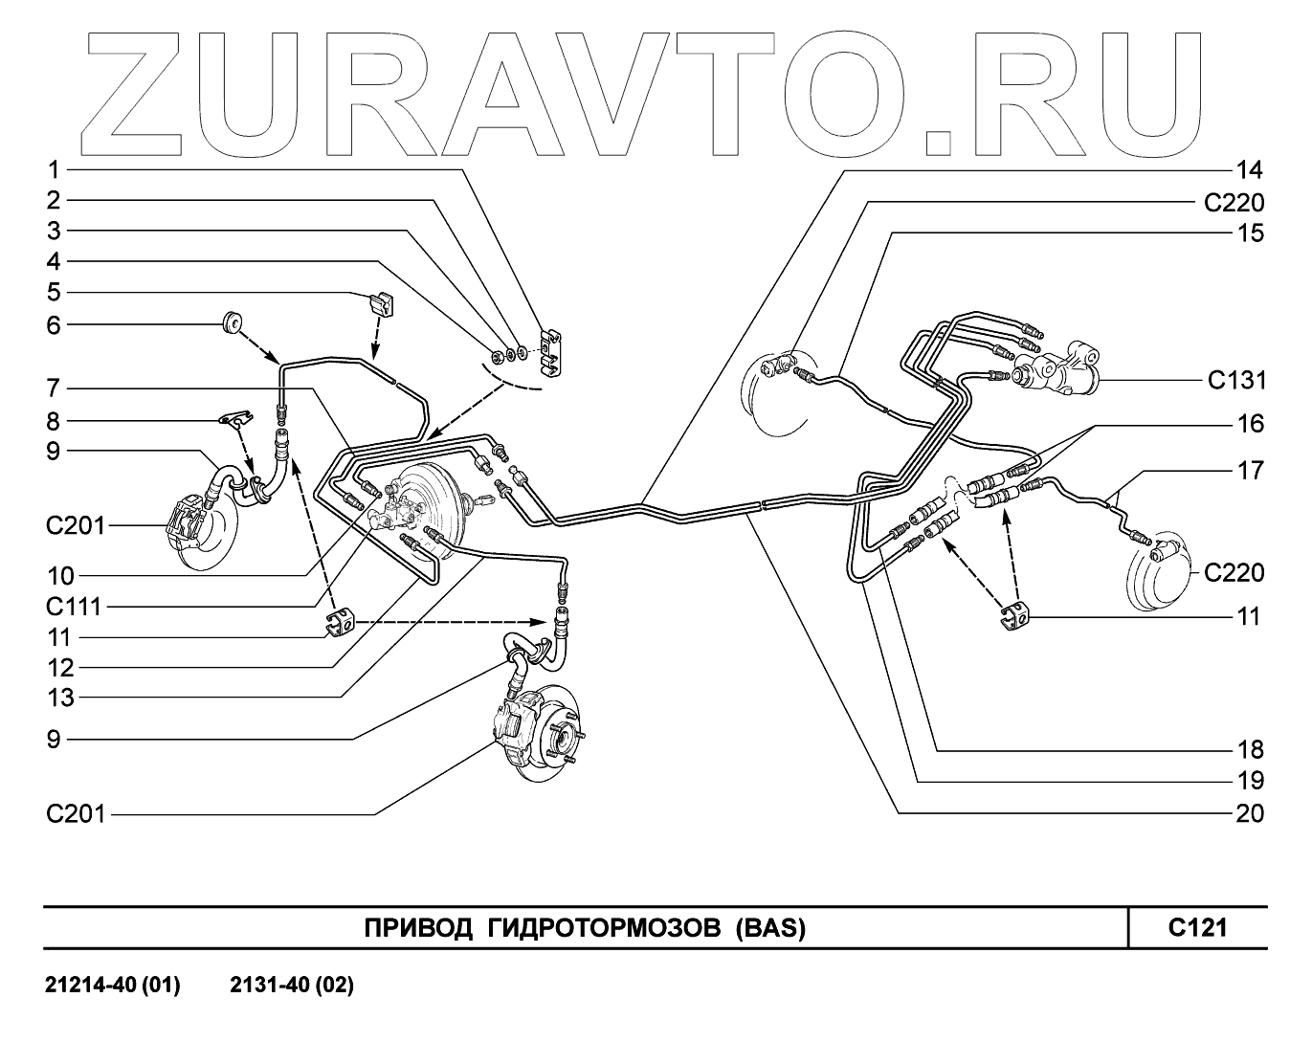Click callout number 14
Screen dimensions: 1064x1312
(x=1248, y=171)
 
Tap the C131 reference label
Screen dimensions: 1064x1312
(x=1235, y=381)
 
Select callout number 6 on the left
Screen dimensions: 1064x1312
(x=55, y=325)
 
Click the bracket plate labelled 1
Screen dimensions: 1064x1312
(x=552, y=351)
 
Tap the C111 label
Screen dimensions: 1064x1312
(x=73, y=607)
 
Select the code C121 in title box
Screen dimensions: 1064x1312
(x=1197, y=927)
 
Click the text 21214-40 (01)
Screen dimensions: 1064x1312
(x=113, y=986)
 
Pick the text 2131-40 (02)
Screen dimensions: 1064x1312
(x=292, y=986)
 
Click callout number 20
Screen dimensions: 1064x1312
(x=1248, y=813)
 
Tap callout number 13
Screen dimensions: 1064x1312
(x=60, y=698)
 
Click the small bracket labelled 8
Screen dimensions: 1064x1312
(x=233, y=417)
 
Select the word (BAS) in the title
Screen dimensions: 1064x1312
(x=770, y=928)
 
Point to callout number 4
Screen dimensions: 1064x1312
(x=55, y=262)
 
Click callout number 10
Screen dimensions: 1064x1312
(x=60, y=576)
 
